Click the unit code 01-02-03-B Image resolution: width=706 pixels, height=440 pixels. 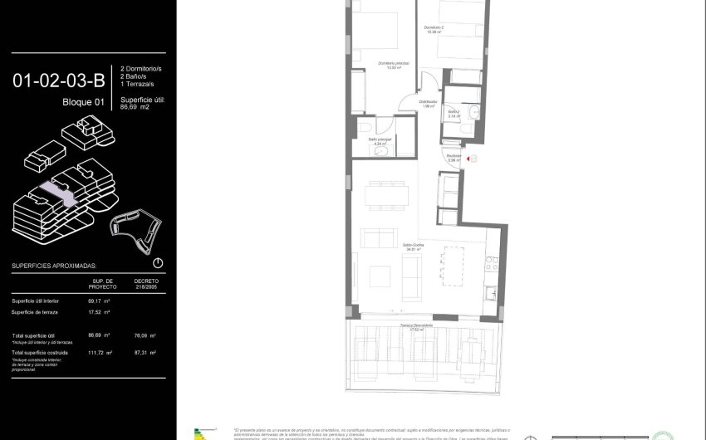tap(58, 81)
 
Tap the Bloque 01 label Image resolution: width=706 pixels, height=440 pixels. tap(83, 102)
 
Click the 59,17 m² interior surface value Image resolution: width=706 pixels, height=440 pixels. tap(99, 301)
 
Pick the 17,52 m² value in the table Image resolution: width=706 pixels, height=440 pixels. tap(99, 312)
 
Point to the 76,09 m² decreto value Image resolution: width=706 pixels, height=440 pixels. tap(146, 335)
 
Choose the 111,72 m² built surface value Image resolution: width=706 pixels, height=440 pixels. tap(100, 353)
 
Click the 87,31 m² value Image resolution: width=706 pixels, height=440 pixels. tap(146, 353)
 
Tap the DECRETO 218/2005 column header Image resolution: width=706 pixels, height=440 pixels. tap(145, 284)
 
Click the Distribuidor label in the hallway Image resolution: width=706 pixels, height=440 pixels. tap(429, 103)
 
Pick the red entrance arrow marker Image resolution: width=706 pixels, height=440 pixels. tap(468, 159)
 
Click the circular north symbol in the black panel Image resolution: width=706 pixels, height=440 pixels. tap(158, 263)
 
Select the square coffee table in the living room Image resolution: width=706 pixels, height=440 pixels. tap(380, 276)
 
